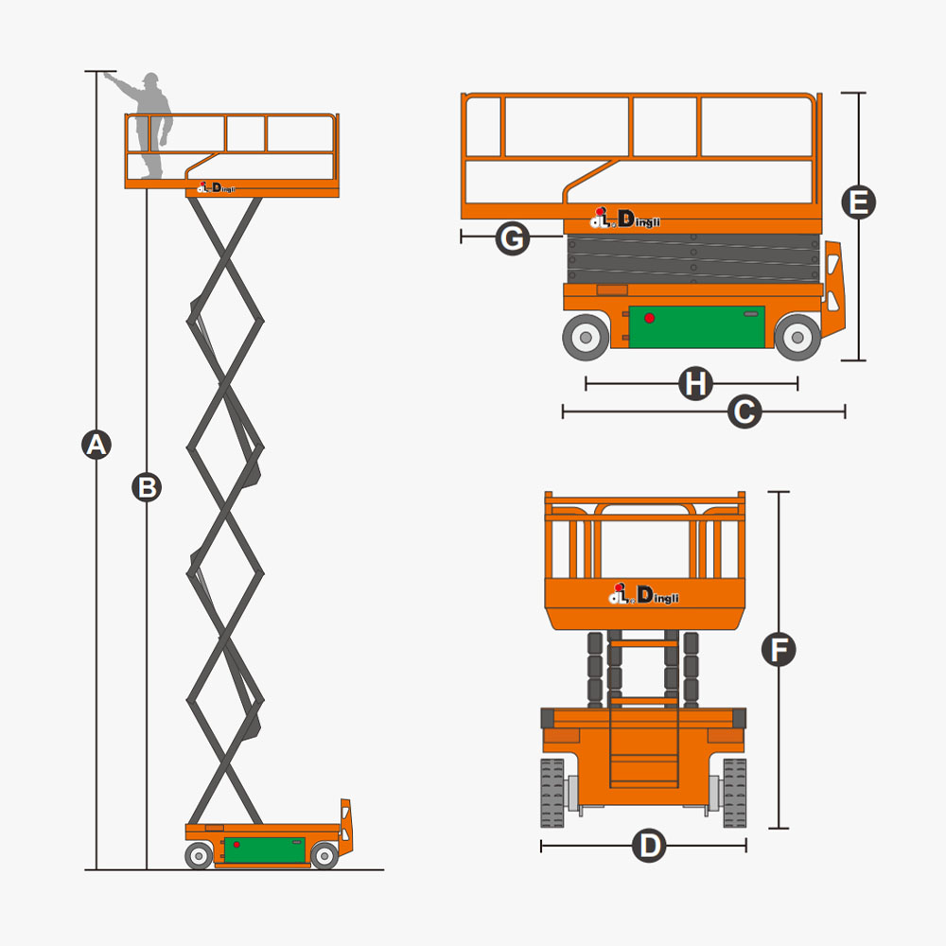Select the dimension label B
click(147, 487)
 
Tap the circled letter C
click(745, 412)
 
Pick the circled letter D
click(649, 846)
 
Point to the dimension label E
click(859, 202)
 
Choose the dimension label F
click(779, 650)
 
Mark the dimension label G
click(512, 238)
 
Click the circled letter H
click(695, 383)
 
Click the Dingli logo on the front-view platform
click(643, 595)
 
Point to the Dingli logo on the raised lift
click(217, 188)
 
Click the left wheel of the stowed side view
click(586, 336)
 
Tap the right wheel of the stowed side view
click(797, 336)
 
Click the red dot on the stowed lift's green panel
click(649, 318)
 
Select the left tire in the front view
click(552, 793)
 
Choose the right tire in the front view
click(734, 793)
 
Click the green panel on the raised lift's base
click(265, 850)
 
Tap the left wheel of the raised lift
click(199, 856)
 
